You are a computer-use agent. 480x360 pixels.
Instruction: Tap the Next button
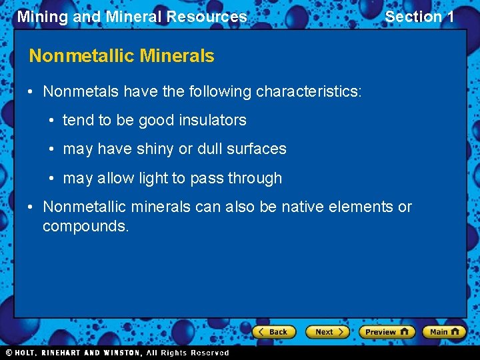327,331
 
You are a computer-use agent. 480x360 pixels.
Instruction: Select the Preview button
387,331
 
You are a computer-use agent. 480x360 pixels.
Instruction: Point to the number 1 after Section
449,17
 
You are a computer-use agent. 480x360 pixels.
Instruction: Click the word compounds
85,227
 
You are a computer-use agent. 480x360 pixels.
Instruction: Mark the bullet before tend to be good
53,121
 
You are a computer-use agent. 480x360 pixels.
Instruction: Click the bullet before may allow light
53,179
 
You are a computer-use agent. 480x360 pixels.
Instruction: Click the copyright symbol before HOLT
9,353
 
